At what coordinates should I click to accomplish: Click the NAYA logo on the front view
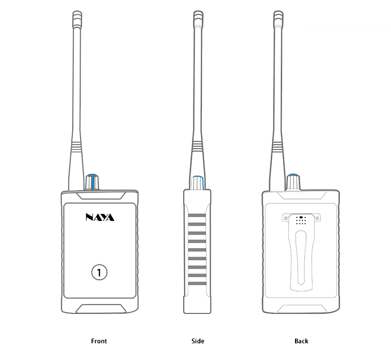click(99, 217)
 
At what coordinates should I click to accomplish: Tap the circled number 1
click(99, 272)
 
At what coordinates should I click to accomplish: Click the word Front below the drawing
click(99, 341)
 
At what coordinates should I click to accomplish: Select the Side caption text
click(197, 341)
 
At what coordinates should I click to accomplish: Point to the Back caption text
click(301, 341)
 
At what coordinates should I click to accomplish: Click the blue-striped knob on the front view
click(93, 182)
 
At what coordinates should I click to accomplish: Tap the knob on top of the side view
click(197, 182)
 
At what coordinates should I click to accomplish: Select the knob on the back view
click(293, 182)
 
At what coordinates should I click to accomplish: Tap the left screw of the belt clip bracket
click(286, 218)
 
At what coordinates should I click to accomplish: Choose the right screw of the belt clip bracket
click(317, 218)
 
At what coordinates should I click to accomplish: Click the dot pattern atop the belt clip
click(301, 220)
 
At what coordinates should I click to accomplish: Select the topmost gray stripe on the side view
click(197, 216)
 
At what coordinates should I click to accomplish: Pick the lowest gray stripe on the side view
click(197, 283)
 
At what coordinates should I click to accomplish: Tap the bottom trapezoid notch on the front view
click(99, 309)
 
